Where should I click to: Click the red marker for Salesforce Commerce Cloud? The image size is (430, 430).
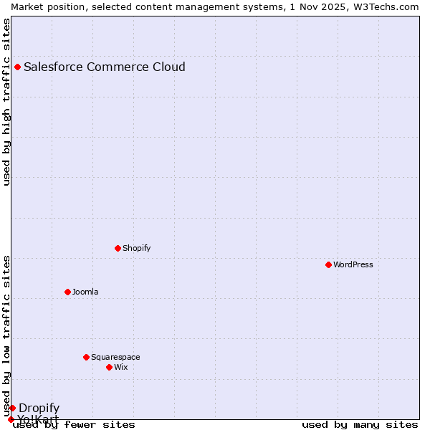click(18, 67)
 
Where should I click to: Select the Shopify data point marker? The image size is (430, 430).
click(118, 249)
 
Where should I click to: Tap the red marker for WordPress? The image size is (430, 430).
click(329, 265)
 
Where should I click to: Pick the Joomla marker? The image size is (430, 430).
click(68, 292)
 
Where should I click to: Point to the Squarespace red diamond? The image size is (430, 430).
click(87, 358)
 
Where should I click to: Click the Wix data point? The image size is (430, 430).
click(110, 368)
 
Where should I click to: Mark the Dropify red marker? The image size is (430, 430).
click(12, 408)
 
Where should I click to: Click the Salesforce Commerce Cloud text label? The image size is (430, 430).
click(105, 67)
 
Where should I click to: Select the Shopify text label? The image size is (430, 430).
click(136, 249)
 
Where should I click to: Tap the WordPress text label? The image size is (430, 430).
click(353, 265)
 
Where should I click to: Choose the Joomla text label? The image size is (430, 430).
click(85, 292)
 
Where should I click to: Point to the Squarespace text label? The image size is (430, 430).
click(115, 358)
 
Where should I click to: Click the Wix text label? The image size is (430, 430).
click(121, 368)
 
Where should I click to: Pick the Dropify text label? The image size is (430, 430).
click(39, 408)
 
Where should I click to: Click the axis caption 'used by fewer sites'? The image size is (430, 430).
click(74, 425)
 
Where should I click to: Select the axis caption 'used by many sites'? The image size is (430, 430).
click(360, 425)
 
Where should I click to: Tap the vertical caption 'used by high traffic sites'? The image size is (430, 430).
click(7, 102)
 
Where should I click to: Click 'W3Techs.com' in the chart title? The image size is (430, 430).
click(391, 6)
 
